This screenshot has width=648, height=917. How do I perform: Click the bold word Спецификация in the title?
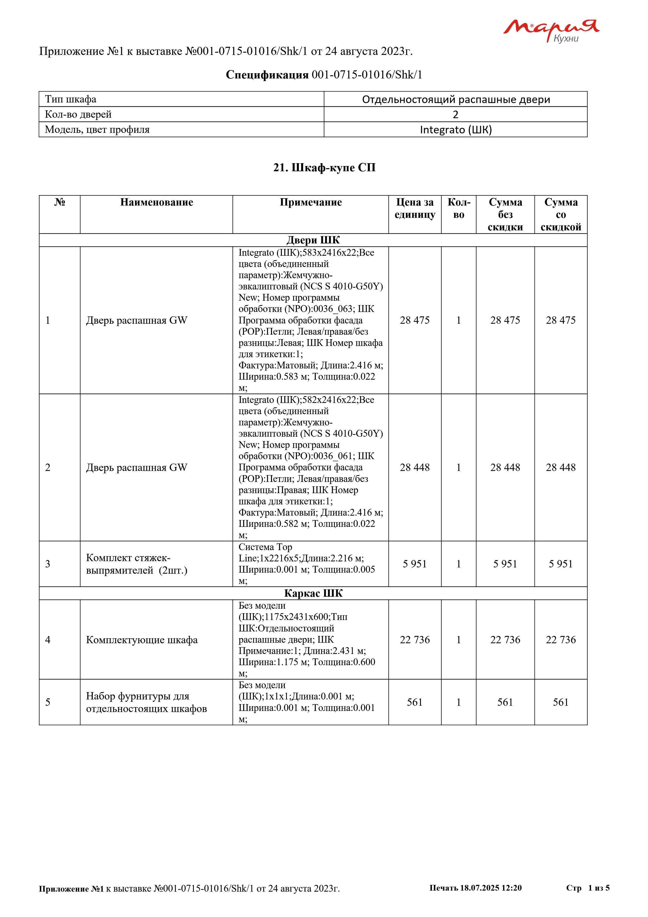point(267,75)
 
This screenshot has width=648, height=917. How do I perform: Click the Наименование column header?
point(157,202)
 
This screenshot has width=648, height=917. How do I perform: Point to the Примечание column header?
point(310,202)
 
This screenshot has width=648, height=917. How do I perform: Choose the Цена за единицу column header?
point(415,208)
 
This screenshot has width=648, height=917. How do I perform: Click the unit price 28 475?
point(415,320)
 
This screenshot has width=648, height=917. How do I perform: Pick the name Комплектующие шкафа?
point(142,640)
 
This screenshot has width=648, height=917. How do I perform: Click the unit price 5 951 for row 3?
point(415,564)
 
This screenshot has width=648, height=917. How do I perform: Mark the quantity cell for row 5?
point(459,702)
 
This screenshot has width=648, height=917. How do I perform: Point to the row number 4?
point(48,640)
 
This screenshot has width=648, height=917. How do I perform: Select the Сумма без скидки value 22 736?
point(505,640)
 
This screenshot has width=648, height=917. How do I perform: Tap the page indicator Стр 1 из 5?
point(587,888)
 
